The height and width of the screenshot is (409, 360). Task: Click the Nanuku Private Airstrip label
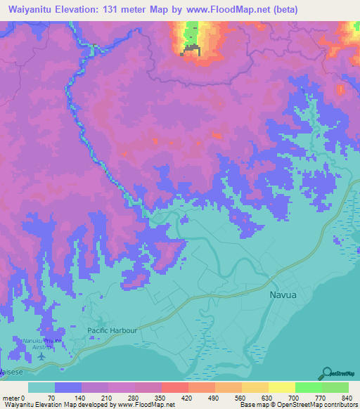[41, 343]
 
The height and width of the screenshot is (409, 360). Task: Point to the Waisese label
[13, 370]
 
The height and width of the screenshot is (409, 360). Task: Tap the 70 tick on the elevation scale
[51, 398]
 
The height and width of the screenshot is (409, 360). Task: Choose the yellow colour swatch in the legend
[281, 387]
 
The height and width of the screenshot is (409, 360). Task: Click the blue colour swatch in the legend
[68, 387]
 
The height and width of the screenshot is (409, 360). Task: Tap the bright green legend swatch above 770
[308, 387]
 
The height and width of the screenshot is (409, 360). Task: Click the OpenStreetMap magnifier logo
[326, 374]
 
